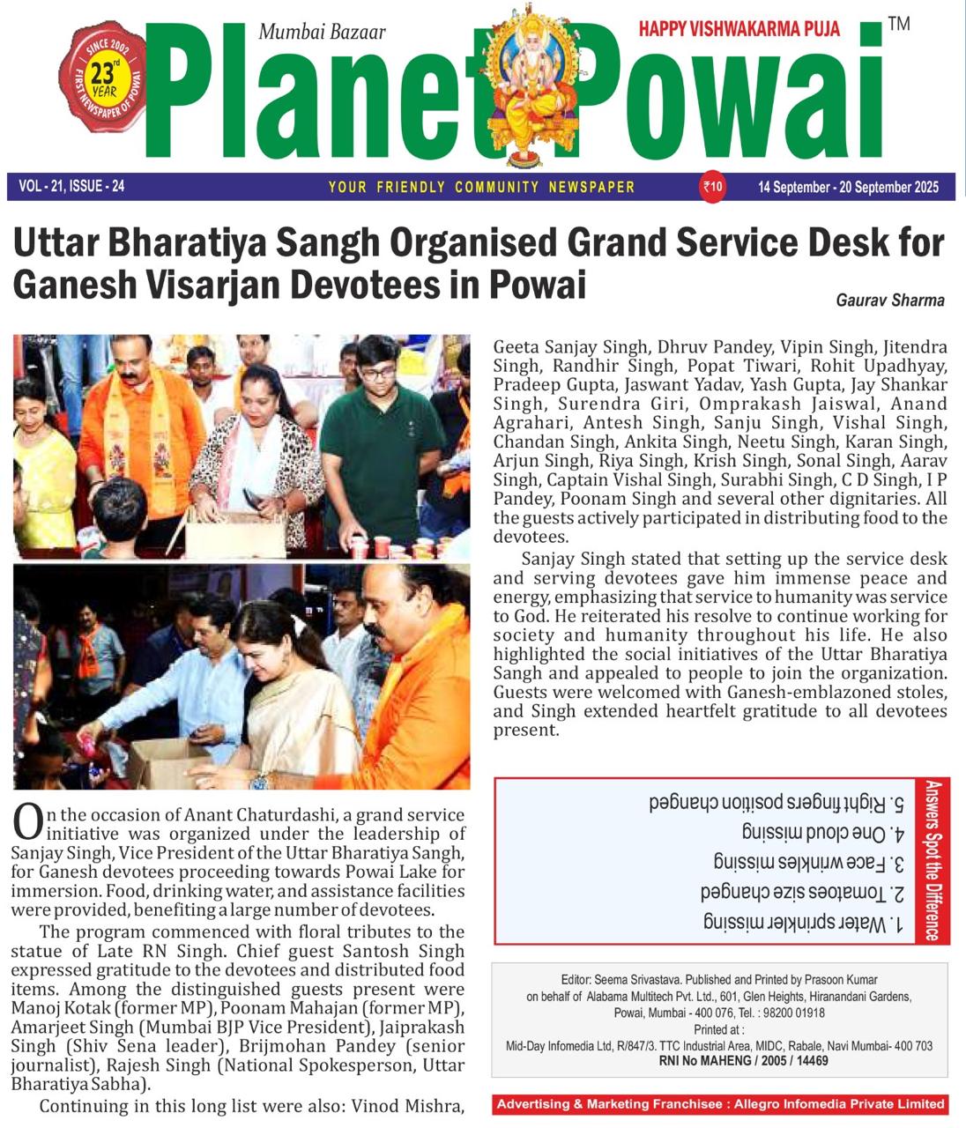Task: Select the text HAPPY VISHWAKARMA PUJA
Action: pyautogui.click(x=739, y=29)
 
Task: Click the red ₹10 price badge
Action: pyautogui.click(x=712, y=186)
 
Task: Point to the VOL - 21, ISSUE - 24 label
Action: pyautogui.click(x=71, y=186)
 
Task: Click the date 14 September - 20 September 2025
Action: pyautogui.click(x=848, y=187)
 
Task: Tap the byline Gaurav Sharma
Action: pyautogui.click(x=889, y=301)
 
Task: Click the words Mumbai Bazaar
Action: pyautogui.click(x=322, y=33)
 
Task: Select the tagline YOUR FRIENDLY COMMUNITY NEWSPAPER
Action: pyautogui.click(x=481, y=187)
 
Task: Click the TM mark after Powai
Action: pyautogui.click(x=898, y=24)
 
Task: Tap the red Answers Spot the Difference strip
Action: pyautogui.click(x=933, y=860)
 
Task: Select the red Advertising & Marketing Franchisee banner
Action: pyautogui.click(x=720, y=1103)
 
